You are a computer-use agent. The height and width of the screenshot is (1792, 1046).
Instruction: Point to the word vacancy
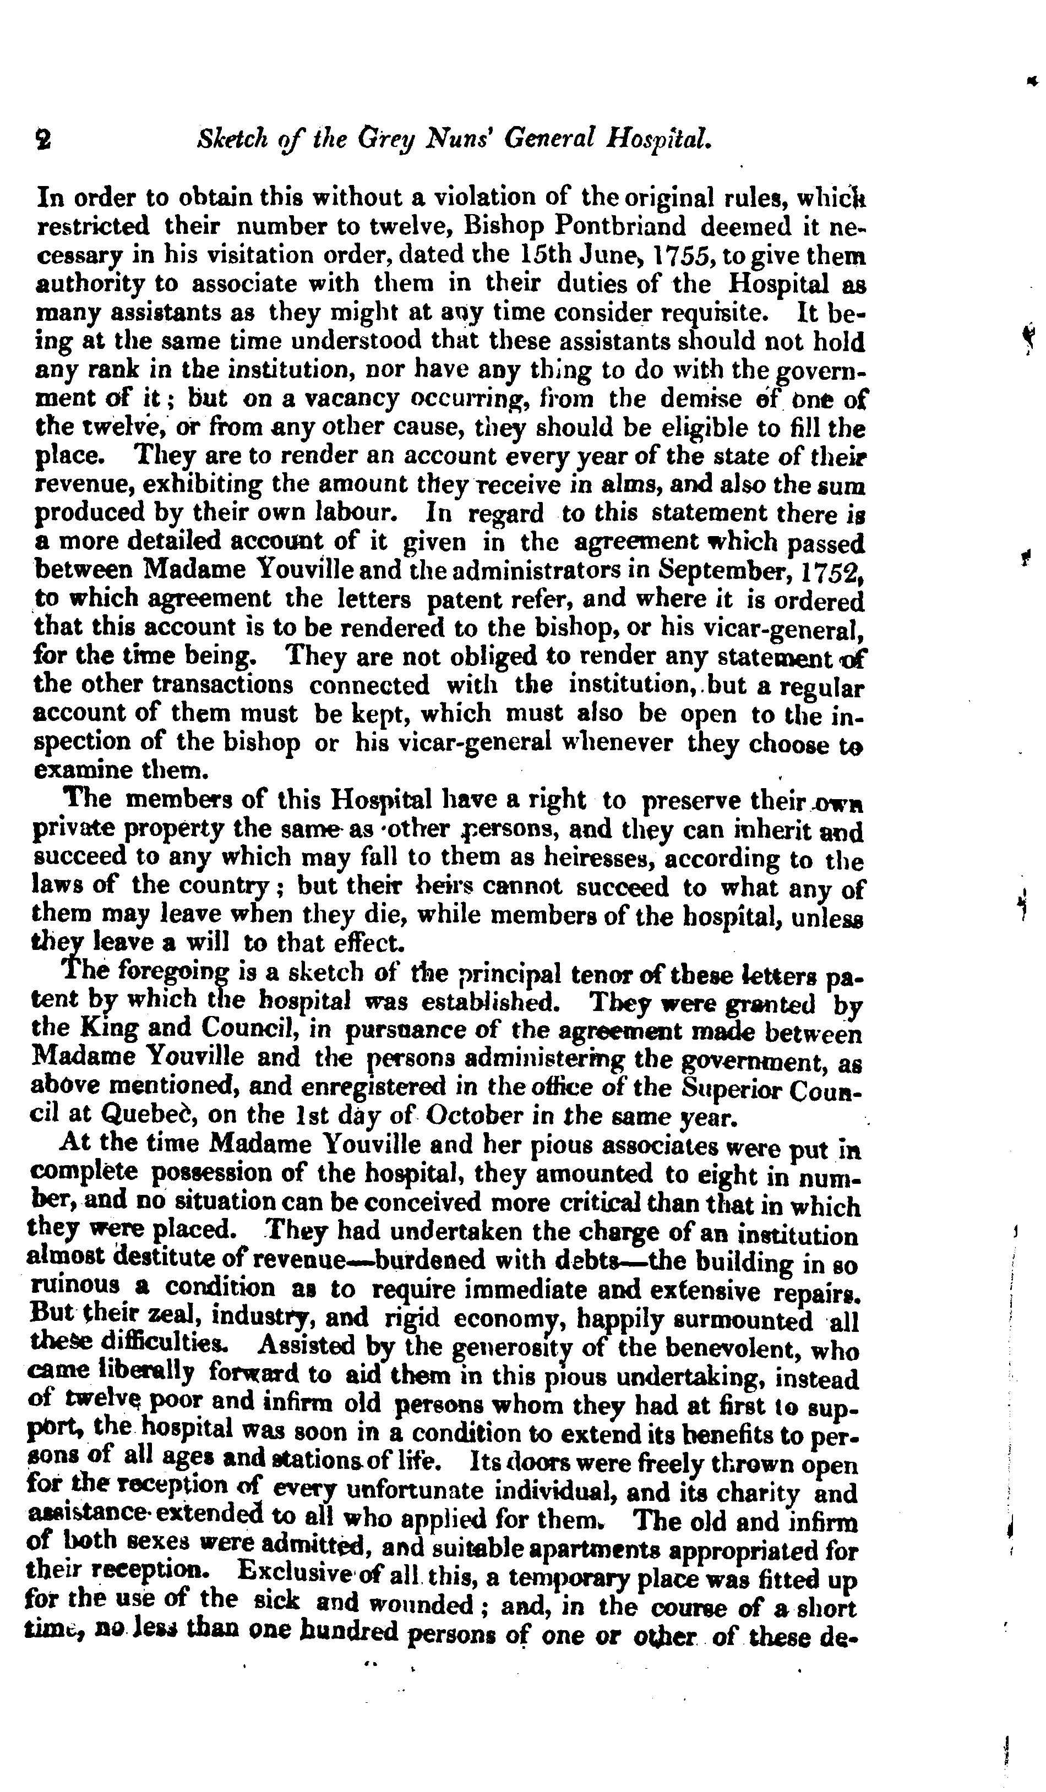click(344, 399)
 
